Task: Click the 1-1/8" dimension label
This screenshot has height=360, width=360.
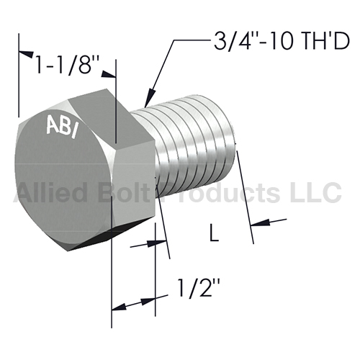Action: [64, 65]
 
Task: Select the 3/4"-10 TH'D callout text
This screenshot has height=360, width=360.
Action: [282, 41]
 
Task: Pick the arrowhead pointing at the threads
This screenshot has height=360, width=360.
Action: [150, 97]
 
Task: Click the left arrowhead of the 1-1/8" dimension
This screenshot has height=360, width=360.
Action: [27, 54]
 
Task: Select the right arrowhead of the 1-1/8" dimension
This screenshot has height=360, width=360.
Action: [109, 74]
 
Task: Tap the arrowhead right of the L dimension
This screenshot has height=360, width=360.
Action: [260, 222]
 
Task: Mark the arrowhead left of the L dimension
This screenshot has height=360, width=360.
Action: [157, 243]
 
